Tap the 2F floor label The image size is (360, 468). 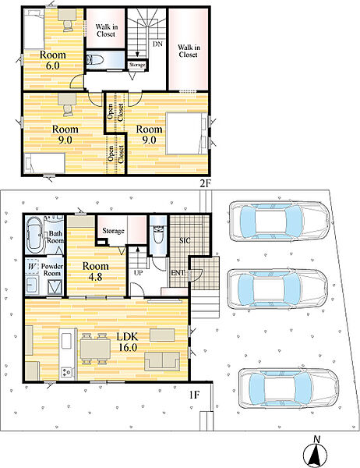point(206,184)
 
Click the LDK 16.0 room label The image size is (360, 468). point(127,342)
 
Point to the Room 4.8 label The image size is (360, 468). point(95,271)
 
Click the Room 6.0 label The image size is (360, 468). point(53,60)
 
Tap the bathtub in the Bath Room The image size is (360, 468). point(35,235)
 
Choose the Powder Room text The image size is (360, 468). point(52,270)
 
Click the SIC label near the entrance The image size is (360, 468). point(185,240)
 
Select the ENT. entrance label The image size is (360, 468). point(178,272)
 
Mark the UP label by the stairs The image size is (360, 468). point(138,273)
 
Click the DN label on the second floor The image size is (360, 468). point(157,44)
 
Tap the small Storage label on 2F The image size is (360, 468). point(137,65)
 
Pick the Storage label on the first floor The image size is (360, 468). point(113,231)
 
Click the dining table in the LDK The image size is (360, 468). point(95,349)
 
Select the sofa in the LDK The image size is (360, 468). point(162,361)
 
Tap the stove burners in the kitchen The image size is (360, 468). point(66,372)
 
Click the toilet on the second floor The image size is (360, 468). point(95,60)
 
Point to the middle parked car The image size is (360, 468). point(277,289)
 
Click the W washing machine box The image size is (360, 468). point(31,267)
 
